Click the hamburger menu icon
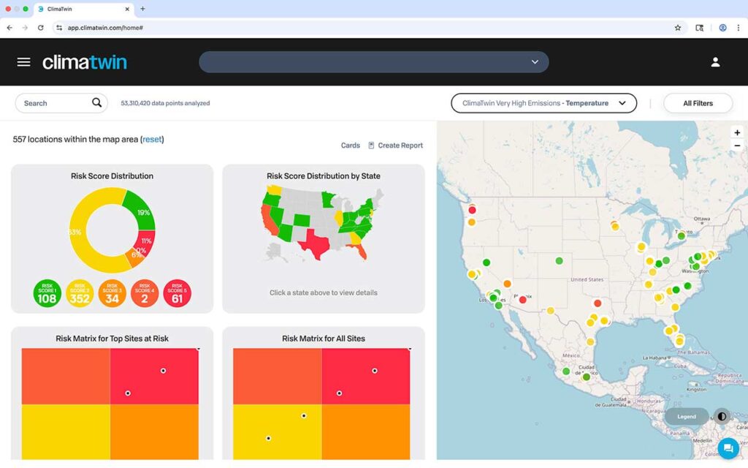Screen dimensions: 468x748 pyautogui.click(x=23, y=62)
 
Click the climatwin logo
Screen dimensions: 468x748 pyautogui.click(x=84, y=62)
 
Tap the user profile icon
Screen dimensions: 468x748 pyautogui.click(x=715, y=62)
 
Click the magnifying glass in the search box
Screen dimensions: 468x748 pyautogui.click(x=96, y=103)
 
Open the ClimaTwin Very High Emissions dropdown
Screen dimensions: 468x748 pyautogui.click(x=543, y=103)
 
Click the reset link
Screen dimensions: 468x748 pyautogui.click(x=152, y=139)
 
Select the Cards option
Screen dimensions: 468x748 pyautogui.click(x=351, y=146)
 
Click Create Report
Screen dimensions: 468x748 pyautogui.click(x=395, y=146)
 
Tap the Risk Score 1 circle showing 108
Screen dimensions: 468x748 pyautogui.click(x=47, y=293)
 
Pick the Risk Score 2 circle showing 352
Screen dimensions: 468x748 pyautogui.click(x=80, y=293)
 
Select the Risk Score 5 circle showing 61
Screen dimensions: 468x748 pyautogui.click(x=177, y=293)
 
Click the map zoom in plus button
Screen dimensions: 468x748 pyautogui.click(x=737, y=132)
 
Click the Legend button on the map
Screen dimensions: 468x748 pyautogui.click(x=687, y=417)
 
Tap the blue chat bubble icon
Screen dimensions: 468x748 pyautogui.click(x=728, y=448)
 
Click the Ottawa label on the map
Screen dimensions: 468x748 pyautogui.click(x=701, y=219)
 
